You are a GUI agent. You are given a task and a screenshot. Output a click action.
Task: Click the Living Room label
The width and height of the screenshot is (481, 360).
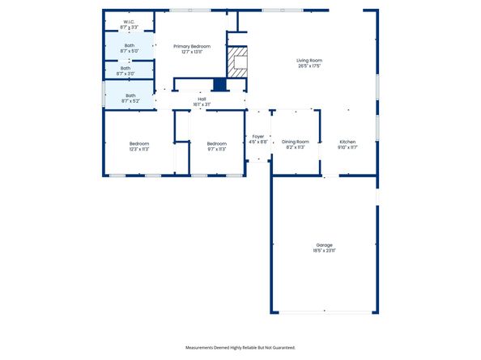tap(309, 61)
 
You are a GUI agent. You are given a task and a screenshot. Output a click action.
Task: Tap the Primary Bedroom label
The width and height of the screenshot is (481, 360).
tap(192, 46)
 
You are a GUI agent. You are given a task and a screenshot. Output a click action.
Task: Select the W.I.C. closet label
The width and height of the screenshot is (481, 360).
tap(129, 22)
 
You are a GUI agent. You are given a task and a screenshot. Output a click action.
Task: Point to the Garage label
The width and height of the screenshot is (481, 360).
tap(324, 245)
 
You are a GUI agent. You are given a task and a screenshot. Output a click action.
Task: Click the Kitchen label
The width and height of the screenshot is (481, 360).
tap(347, 142)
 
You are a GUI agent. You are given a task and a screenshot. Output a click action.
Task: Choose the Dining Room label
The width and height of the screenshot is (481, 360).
tap(295, 142)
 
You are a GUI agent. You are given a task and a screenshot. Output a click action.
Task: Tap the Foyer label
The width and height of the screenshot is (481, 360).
tap(258, 136)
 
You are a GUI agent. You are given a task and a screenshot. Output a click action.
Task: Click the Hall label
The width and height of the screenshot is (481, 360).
tap(202, 99)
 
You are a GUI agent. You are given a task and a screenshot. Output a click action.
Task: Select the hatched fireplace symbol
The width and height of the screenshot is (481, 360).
tap(237, 61)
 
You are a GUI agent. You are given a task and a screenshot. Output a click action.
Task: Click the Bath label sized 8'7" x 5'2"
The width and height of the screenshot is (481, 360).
tap(130, 95)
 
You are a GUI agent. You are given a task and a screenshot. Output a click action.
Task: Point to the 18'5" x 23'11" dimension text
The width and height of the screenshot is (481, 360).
tap(324, 251)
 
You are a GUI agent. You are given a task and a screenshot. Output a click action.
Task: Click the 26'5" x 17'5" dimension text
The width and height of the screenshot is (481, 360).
tap(309, 66)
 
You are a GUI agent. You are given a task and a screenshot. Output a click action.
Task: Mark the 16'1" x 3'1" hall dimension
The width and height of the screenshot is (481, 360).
tap(202, 104)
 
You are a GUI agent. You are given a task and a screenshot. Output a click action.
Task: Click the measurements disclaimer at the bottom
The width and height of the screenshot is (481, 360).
tap(240, 347)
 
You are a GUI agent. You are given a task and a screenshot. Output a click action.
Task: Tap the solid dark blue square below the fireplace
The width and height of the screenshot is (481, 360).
tap(219, 84)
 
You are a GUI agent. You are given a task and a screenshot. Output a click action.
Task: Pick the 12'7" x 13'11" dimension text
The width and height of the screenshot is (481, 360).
tap(192, 52)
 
